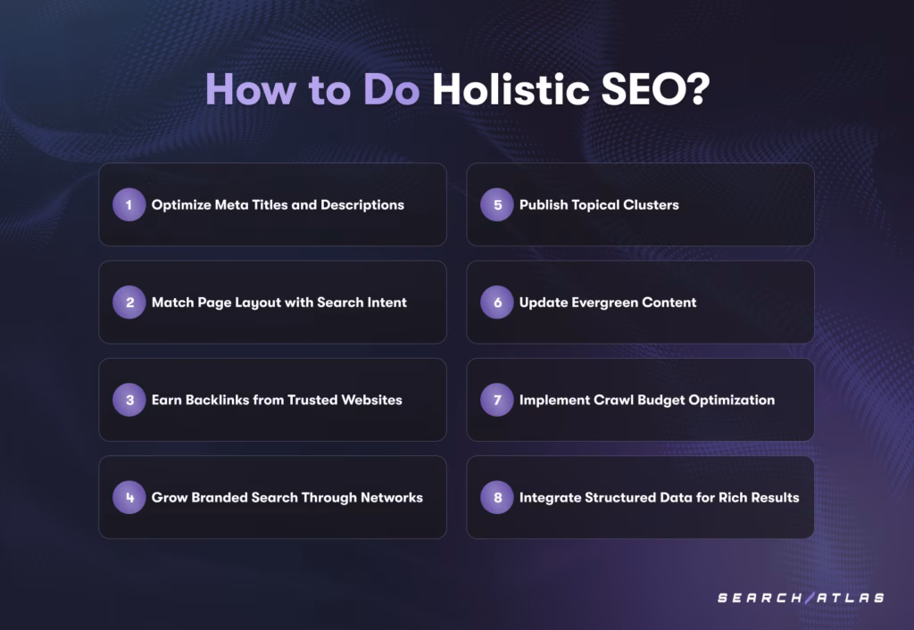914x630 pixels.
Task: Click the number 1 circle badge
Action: (129, 205)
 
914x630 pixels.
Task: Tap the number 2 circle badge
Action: (129, 303)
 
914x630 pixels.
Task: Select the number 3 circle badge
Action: (129, 400)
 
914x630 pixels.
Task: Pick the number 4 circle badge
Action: (129, 497)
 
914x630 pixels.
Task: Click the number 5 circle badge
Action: (497, 205)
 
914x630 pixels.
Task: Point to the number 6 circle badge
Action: (497, 303)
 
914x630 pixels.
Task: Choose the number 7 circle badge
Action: (497, 400)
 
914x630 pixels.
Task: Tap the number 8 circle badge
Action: (497, 497)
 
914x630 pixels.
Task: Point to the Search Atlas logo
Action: (801, 597)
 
